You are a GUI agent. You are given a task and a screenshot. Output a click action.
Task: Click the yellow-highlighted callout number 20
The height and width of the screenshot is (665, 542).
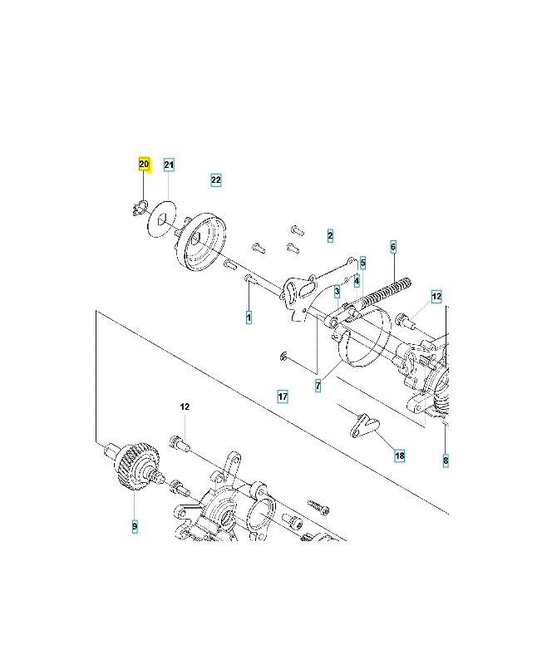pos(144,165)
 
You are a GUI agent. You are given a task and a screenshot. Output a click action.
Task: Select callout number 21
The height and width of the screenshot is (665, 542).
pos(169,165)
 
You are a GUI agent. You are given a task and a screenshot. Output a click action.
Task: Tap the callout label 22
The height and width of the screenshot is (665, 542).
pos(215,180)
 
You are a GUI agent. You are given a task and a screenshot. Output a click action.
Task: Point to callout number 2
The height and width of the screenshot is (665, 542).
pos(330,236)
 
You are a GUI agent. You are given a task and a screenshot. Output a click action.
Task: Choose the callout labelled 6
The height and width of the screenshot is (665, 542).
pos(393,247)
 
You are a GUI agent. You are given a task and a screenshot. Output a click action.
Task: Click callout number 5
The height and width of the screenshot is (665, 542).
pos(363,263)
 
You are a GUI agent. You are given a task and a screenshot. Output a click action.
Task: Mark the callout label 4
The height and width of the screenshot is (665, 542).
pos(356,280)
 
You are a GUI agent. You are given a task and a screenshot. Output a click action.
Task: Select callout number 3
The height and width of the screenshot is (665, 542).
pos(337,292)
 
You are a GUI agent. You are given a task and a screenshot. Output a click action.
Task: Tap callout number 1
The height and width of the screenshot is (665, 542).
pos(248,318)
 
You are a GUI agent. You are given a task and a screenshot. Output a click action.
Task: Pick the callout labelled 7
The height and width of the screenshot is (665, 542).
pos(318,387)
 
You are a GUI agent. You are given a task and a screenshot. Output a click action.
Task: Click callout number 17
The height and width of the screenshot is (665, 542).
pos(283,397)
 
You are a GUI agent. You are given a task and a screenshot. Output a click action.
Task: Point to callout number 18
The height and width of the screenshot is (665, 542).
pos(400,456)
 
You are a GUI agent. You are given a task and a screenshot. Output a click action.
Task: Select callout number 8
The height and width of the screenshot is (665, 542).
pos(446,460)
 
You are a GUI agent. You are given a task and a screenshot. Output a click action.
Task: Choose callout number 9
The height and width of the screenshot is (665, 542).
pos(134,526)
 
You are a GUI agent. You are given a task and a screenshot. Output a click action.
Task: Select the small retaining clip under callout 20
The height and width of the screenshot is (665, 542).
pos(140,208)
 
